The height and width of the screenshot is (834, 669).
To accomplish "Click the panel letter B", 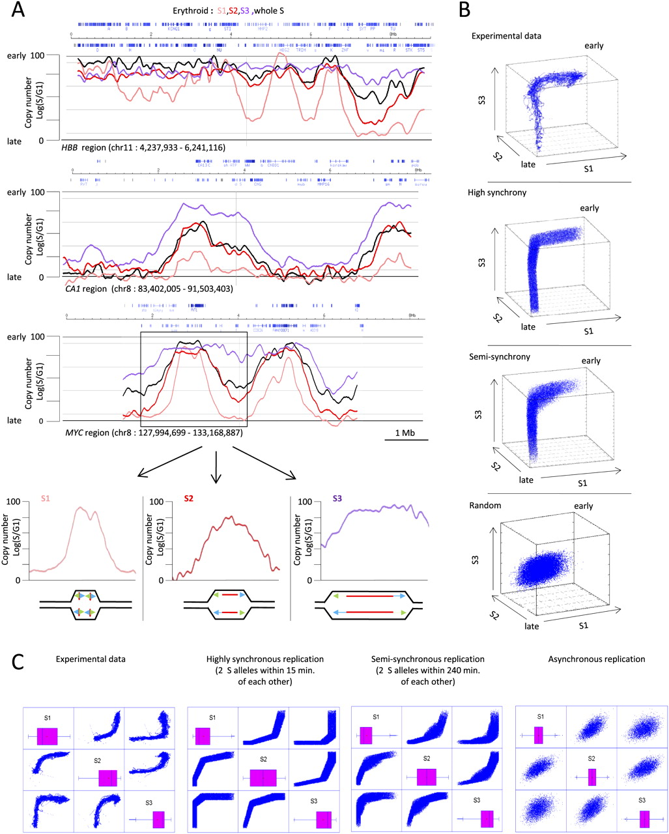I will pyautogui.click(x=464, y=10).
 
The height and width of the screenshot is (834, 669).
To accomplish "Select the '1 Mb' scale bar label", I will pyautogui.click(x=406, y=433).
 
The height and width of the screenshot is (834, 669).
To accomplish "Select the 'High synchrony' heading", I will pyautogui.click(x=496, y=193).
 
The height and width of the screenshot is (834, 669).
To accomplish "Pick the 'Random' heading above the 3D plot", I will pyautogui.click(x=483, y=504).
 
